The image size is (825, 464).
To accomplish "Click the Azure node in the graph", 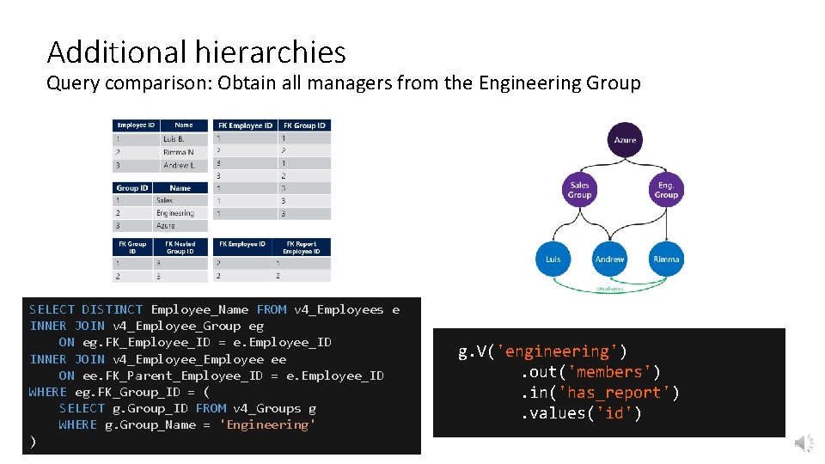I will coord(625,139).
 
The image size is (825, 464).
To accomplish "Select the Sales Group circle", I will coord(580,190).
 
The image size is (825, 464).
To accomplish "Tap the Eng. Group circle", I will coord(666,190).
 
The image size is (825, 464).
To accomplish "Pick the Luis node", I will coord(553,259).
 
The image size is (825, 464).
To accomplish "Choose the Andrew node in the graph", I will coord(609,259).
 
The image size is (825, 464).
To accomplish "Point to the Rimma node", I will coord(666,259).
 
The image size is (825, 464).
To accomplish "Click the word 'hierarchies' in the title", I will coord(270,52).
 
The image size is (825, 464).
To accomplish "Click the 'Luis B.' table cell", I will coord(174,139).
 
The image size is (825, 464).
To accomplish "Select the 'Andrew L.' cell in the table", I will coord(178,164).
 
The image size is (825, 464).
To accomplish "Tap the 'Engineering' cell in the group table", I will coord(175,213).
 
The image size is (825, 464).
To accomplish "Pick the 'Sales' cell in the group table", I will coord(165,200).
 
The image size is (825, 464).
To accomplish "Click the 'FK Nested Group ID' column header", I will coord(180,247).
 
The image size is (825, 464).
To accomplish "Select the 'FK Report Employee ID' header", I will coord(302,247).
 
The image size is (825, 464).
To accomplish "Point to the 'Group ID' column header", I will coord(132,187).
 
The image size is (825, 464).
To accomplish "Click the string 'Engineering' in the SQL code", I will coord(267,424).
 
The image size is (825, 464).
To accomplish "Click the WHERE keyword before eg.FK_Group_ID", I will coord(47,392).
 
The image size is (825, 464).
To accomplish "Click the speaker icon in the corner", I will coord(804,443).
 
